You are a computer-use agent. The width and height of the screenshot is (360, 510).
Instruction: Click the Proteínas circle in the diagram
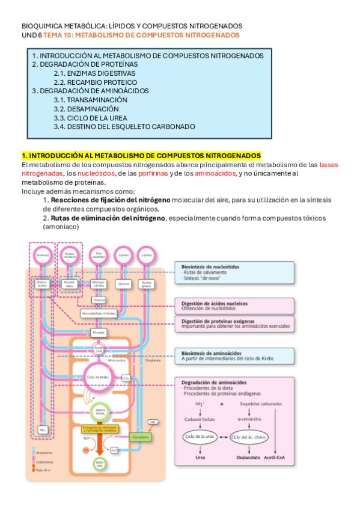[x=43, y=255]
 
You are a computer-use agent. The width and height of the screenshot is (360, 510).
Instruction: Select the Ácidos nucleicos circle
[x=70, y=255]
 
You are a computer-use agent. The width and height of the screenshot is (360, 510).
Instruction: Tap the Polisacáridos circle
[x=99, y=255]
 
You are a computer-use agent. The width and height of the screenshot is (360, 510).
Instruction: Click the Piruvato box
[x=99, y=332]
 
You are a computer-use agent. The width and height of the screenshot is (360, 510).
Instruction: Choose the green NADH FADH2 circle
[x=99, y=413]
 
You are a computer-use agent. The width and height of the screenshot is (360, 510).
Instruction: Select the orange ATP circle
[x=85, y=449]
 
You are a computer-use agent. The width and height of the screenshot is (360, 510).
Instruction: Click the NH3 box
[x=43, y=430]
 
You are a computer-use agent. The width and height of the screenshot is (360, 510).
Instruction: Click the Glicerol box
[x=123, y=282]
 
